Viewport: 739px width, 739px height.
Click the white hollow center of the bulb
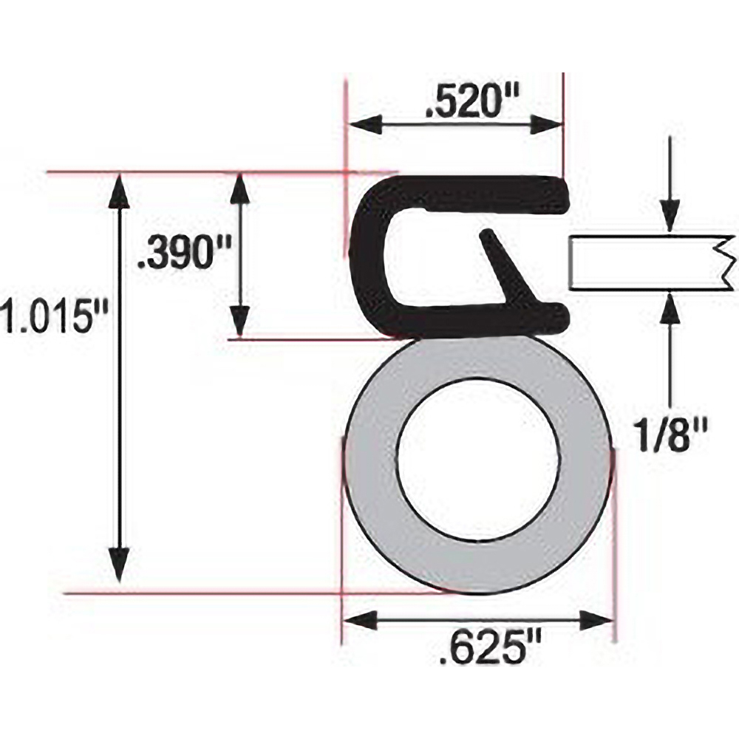(x=477, y=458)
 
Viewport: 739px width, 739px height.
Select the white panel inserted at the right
(x=643, y=262)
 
